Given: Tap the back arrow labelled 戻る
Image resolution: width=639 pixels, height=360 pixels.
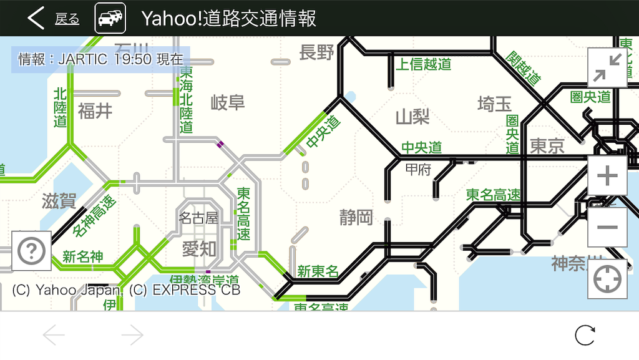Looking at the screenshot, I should [x=52, y=19].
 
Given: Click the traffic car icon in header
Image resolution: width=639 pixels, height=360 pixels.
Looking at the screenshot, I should [x=110, y=18].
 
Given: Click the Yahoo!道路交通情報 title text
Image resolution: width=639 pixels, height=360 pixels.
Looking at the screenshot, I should [x=228, y=18].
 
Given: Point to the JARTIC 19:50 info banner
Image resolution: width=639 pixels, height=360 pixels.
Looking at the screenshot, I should [x=100, y=59].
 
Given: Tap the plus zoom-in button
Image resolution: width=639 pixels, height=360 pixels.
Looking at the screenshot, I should [x=607, y=177].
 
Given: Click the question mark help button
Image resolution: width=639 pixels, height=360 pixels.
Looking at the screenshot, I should [x=31, y=251].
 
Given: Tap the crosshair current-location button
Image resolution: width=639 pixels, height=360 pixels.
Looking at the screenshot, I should [x=607, y=279].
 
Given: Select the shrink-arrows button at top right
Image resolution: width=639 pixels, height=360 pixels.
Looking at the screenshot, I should [x=607, y=67].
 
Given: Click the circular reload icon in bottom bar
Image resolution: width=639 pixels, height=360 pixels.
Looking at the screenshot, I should [x=585, y=336].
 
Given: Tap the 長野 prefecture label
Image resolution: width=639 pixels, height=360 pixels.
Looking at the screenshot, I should [x=317, y=53].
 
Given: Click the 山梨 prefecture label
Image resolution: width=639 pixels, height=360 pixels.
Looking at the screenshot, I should [x=412, y=117].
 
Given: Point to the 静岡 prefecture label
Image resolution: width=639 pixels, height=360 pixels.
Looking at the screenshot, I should [x=356, y=217].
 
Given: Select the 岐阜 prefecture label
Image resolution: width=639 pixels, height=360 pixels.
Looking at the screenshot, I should [x=228, y=102].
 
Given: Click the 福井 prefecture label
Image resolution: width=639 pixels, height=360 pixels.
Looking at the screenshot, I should [x=95, y=111].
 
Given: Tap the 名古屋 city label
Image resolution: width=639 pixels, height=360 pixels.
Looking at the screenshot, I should [x=198, y=218].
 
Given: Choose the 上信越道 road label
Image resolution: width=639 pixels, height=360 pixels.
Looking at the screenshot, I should [x=424, y=64].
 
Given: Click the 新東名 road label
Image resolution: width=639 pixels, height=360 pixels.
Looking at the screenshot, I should [x=318, y=271].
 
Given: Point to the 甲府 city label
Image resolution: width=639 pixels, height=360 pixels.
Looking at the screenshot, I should [x=418, y=170].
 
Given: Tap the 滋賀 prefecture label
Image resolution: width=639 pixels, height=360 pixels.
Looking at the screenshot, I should [x=59, y=201].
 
